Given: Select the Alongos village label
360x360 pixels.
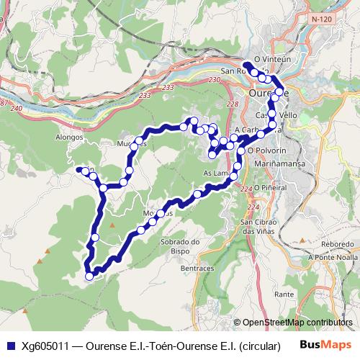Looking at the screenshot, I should point(70,136).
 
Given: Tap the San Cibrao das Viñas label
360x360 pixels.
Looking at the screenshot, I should point(257,227).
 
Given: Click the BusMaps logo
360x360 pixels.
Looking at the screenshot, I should point(329,345).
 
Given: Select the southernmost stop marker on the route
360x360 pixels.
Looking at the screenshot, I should point(89,276).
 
